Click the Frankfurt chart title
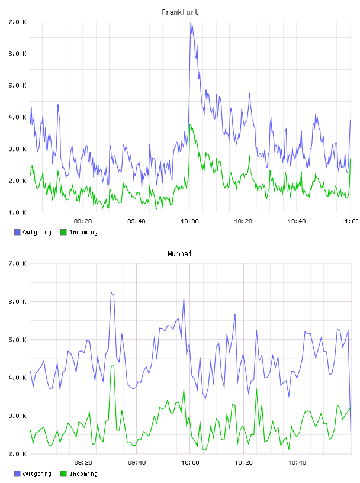(180, 12)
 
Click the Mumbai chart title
(179, 254)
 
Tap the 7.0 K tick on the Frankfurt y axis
(17, 22)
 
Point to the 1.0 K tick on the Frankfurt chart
(17, 212)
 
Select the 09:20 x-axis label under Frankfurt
(83, 221)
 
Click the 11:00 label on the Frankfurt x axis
(350, 221)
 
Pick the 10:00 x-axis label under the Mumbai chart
(190, 462)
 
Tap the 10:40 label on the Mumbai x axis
(297, 462)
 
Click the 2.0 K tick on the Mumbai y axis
(17, 454)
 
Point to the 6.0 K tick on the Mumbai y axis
(17, 301)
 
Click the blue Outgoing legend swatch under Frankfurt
(17, 232)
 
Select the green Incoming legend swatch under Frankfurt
(63, 232)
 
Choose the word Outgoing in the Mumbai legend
(37, 474)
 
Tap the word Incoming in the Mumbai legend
(83, 474)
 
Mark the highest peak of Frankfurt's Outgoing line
(191, 22)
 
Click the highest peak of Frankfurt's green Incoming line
(191, 124)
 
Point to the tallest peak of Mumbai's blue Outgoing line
(111, 292)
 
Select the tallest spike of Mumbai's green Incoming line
(114, 365)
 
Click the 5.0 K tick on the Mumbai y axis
(17, 339)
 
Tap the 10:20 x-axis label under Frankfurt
(243, 221)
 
